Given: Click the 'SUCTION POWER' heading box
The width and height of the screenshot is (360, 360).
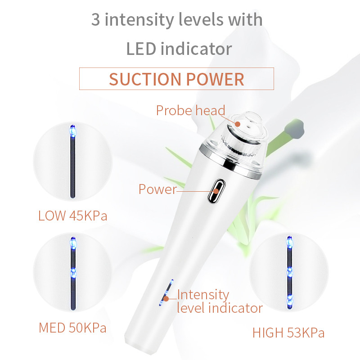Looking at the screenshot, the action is click(176, 79).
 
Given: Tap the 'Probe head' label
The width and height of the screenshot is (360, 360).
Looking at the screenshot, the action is click(190, 110).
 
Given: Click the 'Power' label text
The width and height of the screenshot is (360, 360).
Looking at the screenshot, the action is click(158, 189).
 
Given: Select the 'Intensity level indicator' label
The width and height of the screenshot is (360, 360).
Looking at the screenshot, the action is click(220, 301).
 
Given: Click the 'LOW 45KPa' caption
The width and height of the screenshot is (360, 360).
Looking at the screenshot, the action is click(73, 216).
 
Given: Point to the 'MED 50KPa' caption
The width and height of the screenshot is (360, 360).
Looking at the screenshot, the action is click(72, 328).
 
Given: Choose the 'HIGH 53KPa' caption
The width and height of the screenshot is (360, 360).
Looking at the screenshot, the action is click(288, 333).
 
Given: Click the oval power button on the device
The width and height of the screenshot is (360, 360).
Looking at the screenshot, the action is click(216, 191).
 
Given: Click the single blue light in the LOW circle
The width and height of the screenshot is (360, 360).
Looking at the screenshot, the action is click(72, 131).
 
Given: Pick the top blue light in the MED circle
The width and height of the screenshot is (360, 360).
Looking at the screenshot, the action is click(73, 243).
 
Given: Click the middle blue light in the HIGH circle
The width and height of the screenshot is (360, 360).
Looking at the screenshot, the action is click(290, 273).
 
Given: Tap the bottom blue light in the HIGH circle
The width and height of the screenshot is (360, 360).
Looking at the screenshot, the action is click(290, 301).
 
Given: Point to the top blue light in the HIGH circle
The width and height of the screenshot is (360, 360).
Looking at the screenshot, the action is click(290, 242).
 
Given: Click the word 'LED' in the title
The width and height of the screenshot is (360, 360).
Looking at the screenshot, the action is click(141, 49).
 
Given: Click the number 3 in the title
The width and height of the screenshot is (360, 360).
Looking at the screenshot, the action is click(95, 20).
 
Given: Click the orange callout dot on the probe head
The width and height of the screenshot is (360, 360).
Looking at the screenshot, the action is click(238, 124).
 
